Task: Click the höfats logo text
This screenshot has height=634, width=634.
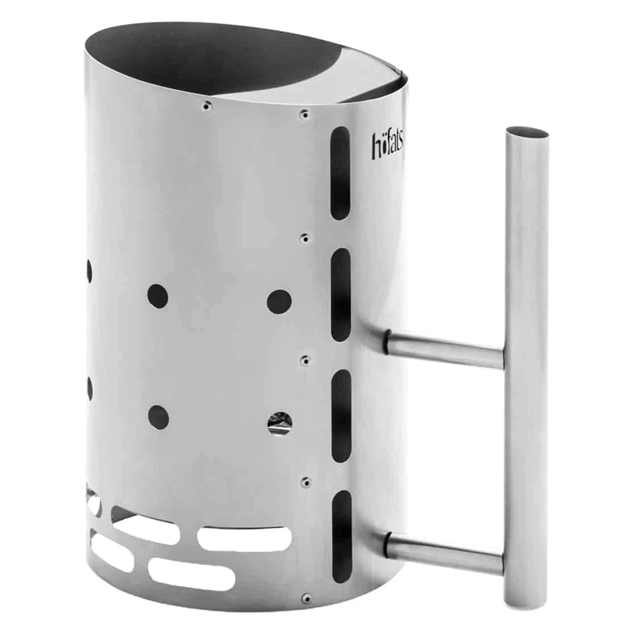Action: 387,144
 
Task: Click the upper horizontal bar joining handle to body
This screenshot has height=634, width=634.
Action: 446,349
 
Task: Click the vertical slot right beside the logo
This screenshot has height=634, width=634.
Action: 341,173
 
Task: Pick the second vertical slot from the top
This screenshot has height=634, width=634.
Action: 341,295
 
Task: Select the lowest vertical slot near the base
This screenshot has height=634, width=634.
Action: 341,537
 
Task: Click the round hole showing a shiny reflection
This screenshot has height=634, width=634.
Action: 280,424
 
